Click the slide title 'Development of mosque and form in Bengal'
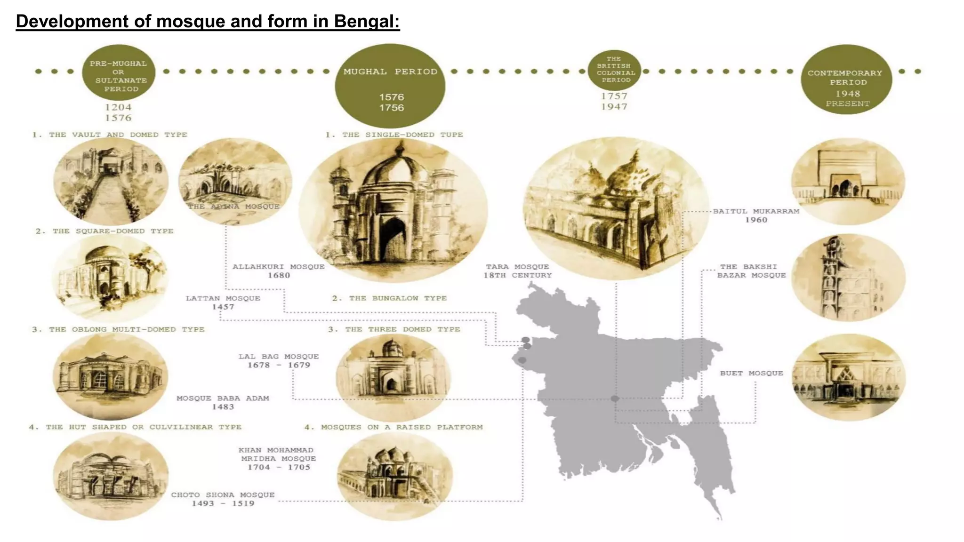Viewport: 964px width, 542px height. tap(208, 22)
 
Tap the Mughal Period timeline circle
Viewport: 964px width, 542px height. tap(390, 86)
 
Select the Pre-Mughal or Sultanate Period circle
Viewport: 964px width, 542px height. tap(119, 72)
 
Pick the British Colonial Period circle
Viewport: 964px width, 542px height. tap(615, 70)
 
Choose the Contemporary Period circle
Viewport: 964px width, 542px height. tap(846, 80)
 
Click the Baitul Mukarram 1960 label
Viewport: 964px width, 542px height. tap(756, 215)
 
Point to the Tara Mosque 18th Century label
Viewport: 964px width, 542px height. tap(517, 271)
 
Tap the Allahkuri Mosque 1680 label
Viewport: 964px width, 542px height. tap(279, 271)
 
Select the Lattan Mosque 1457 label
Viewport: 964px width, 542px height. tap(223, 303)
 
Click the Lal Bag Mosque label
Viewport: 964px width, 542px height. tap(279, 361)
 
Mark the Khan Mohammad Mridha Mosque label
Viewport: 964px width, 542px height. tap(278, 459)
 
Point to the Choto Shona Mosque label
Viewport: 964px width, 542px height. tap(223, 499)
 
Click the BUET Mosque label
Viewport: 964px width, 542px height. tap(751, 373)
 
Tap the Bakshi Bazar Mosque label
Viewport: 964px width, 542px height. tap(751, 271)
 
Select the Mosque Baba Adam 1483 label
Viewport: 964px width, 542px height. tap(223, 403)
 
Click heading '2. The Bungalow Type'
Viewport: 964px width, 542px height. tap(389, 298)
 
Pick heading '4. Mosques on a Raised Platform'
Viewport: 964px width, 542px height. tap(394, 427)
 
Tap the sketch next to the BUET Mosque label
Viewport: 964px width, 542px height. tap(848, 377)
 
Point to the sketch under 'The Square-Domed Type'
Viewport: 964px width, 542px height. tap(110, 278)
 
